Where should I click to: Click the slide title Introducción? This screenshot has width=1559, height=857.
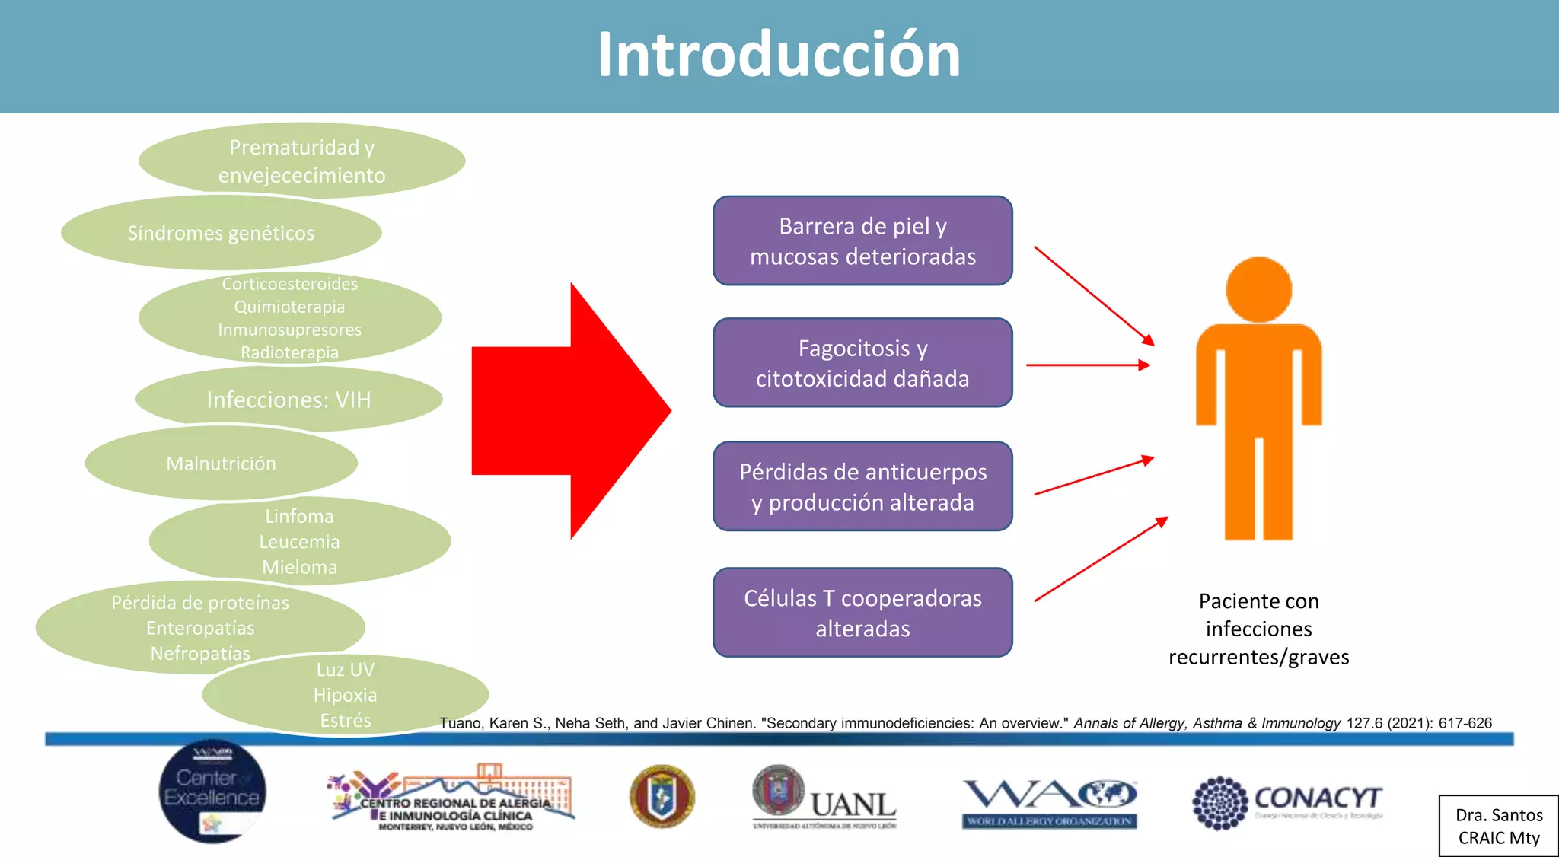coord(779,55)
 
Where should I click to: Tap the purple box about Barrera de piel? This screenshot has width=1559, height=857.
coord(862,241)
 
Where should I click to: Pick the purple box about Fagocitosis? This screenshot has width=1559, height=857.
coord(862,362)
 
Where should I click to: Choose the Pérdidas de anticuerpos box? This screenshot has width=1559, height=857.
coord(862,486)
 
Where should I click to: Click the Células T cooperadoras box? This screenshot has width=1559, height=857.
coord(862,612)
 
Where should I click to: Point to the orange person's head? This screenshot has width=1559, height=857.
coord(1258,290)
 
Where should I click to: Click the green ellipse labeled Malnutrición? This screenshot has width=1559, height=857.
coord(221,464)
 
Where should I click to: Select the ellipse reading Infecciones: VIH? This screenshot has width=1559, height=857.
coord(289,400)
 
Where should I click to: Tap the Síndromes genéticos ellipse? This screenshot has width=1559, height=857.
coord(221,233)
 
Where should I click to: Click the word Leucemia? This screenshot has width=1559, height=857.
coord(299,542)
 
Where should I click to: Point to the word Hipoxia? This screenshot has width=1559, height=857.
coord(345,695)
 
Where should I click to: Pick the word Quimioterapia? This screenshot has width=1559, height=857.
coord(289,307)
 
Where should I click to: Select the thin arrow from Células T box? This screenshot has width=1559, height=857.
coord(1100,559)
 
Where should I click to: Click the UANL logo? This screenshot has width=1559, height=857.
coord(824,798)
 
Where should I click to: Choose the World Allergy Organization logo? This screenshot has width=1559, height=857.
coord(1049,803)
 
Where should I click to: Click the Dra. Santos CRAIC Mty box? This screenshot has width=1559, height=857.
coord(1498,826)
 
